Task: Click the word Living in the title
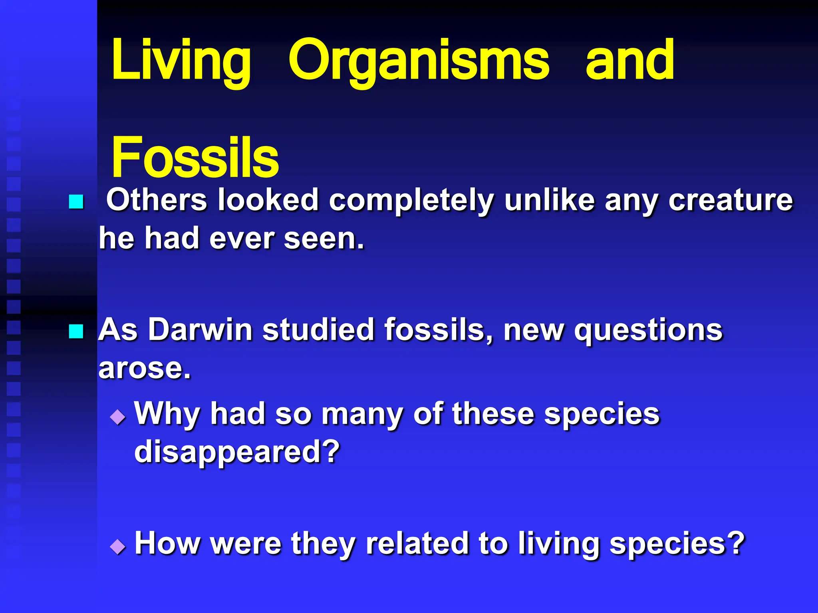click(x=181, y=61)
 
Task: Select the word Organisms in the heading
click(x=419, y=61)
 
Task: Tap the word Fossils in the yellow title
click(x=195, y=157)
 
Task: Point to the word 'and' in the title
click(x=630, y=61)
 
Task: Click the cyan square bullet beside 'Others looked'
click(x=76, y=202)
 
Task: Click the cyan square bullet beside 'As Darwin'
click(x=76, y=331)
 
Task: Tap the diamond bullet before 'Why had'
click(x=118, y=417)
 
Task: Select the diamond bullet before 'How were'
click(x=118, y=546)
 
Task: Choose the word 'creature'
click(x=731, y=200)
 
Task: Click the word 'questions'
click(x=648, y=331)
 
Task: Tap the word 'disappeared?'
click(x=237, y=453)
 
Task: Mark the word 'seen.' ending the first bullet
click(x=324, y=239)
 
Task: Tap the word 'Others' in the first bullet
click(x=156, y=200)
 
